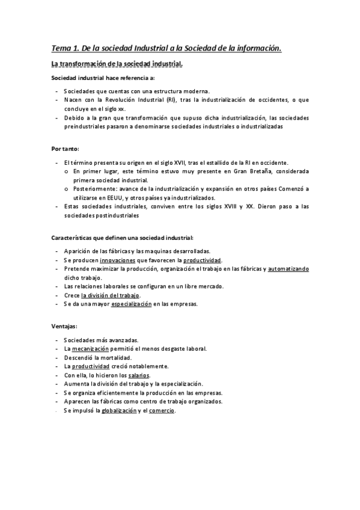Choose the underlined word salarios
coord(139,375)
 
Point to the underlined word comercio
coord(162,411)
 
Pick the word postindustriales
coord(112,215)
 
